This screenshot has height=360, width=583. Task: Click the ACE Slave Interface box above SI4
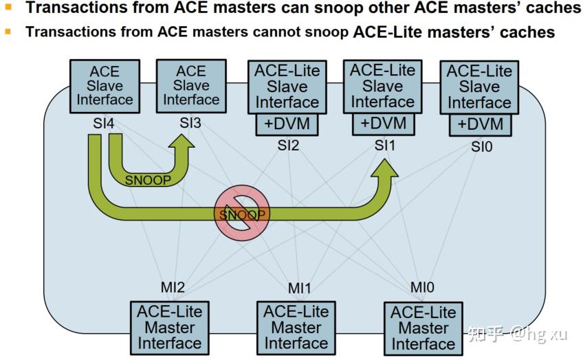coord(104,86)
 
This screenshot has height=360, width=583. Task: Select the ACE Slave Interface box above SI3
coord(190,86)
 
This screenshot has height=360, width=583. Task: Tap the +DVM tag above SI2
coord(287,124)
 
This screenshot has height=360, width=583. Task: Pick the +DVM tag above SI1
coord(383,124)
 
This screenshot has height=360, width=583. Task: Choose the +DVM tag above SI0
coord(480,125)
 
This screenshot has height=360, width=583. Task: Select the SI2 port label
coord(289,146)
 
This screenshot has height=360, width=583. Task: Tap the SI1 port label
coord(385,146)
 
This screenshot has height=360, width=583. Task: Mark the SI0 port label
coord(481,147)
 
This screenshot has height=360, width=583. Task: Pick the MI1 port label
coord(300,286)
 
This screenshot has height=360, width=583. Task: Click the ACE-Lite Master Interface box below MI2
coord(169,327)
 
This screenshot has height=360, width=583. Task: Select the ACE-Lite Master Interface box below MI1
coord(296,327)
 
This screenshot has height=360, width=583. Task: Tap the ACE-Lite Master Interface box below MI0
coord(423,328)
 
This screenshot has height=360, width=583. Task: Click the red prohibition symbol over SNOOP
coord(241,214)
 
